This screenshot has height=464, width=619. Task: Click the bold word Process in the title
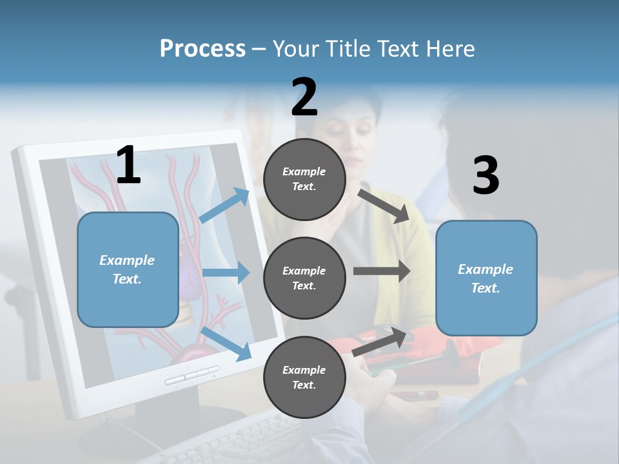(202, 48)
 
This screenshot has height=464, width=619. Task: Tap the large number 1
(128, 165)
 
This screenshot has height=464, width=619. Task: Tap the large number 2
(304, 97)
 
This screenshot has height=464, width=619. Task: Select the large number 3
(486, 176)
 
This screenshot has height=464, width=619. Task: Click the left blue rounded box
(128, 269)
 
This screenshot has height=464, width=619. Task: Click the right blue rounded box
(486, 278)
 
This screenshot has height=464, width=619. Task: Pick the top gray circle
(304, 179)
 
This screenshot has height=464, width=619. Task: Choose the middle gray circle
(304, 278)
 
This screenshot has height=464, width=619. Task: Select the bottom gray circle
(304, 377)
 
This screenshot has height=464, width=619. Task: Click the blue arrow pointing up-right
(224, 206)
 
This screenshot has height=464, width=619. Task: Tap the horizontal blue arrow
(226, 273)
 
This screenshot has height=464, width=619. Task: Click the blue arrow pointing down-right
(226, 343)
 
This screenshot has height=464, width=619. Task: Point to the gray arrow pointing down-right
(384, 206)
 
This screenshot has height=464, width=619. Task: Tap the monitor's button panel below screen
(192, 375)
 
